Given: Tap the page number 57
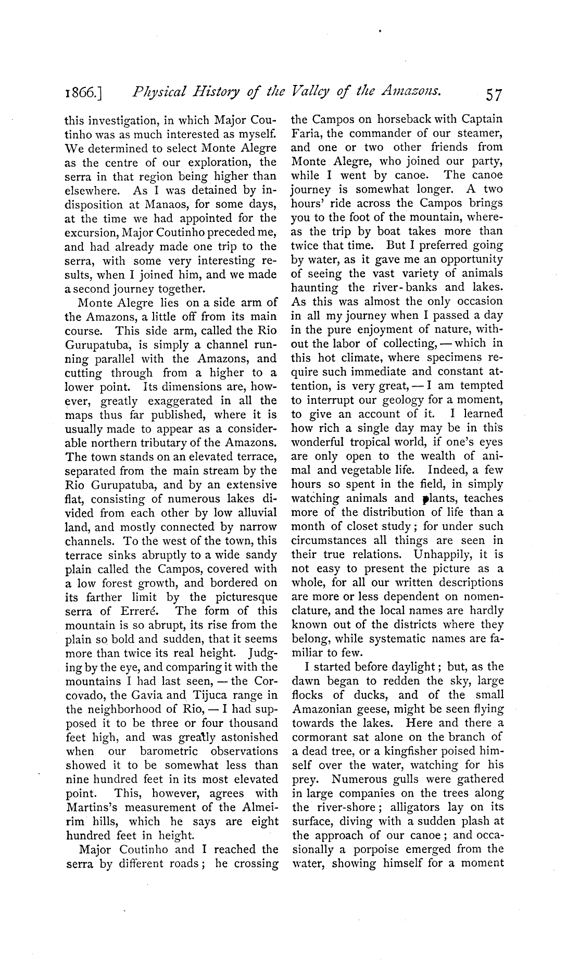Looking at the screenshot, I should (x=493, y=94).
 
